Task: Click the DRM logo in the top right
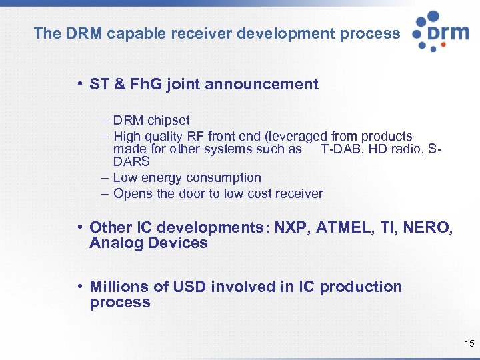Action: coord(440,31)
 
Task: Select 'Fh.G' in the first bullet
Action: coord(143,84)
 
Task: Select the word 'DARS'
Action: coord(131,161)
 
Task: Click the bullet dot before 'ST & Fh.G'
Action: coord(79,84)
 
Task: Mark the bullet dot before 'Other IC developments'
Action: coord(79,228)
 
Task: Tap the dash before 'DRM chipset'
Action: coord(106,121)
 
